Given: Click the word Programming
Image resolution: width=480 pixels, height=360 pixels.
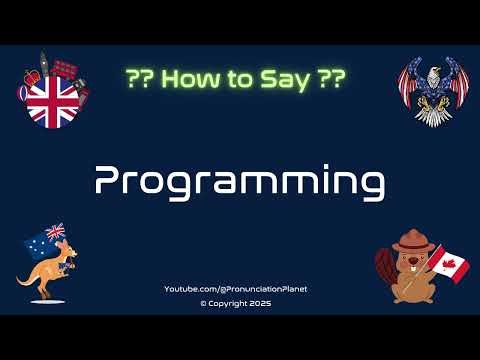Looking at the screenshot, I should click(x=239, y=181).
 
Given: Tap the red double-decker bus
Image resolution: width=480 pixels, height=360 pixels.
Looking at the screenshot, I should click(x=64, y=68).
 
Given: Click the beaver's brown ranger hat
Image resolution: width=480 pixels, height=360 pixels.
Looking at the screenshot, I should click(x=410, y=241).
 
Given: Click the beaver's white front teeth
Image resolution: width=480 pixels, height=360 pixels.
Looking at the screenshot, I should click(x=411, y=270).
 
